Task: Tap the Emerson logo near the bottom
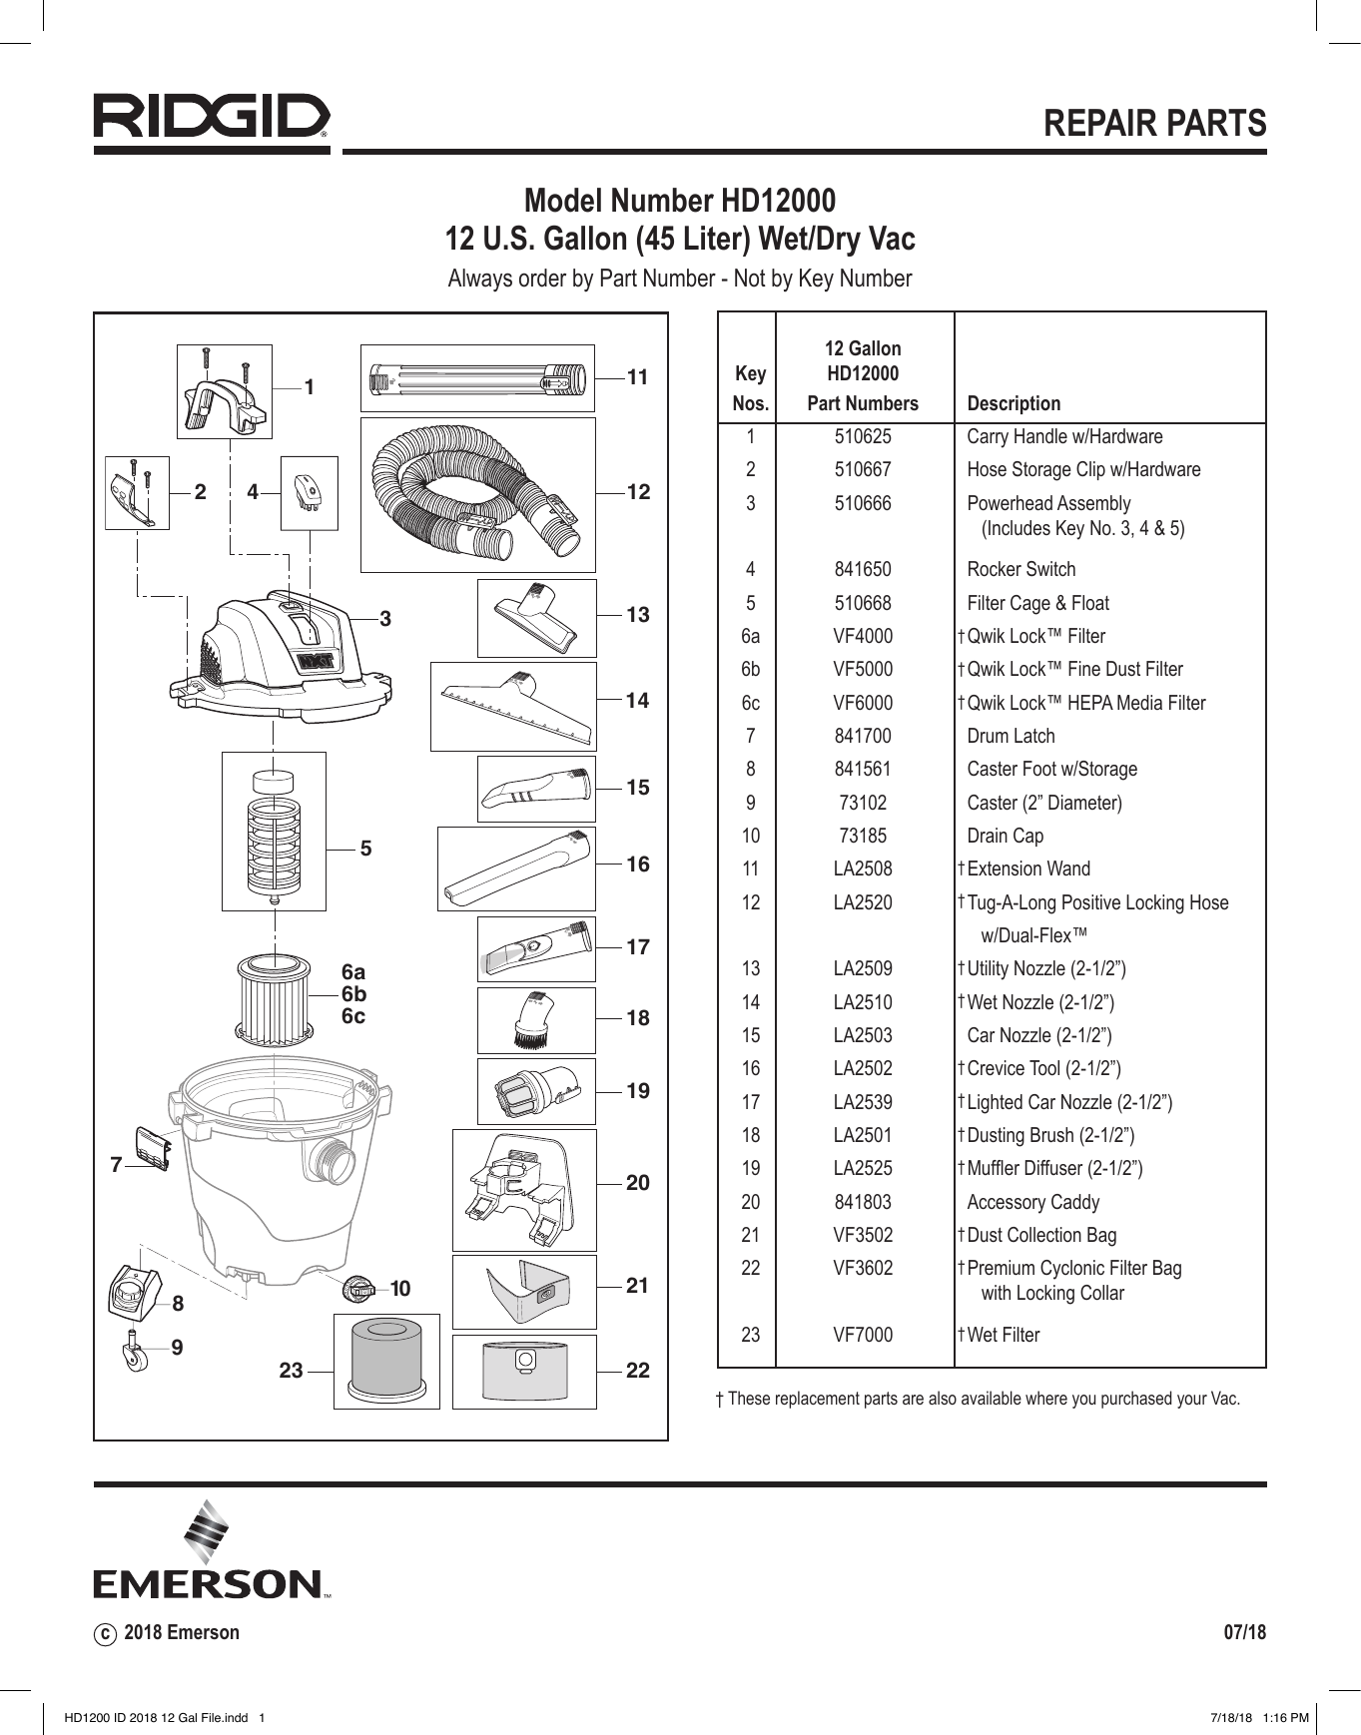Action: point(211,1549)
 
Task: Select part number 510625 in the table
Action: point(863,436)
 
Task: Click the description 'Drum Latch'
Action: point(1011,736)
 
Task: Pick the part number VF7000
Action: point(863,1335)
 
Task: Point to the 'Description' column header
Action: point(1014,404)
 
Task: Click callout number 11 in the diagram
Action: point(638,377)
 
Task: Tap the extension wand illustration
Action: point(477,379)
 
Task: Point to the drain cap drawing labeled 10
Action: point(357,1289)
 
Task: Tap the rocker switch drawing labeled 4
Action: point(309,492)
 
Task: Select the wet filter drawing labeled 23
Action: point(386,1360)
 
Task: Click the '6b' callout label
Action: point(353,994)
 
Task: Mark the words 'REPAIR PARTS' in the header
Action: point(1154,123)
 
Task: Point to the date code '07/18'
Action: point(1244,1632)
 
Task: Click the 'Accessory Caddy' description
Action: point(1032,1202)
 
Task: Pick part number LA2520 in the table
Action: point(863,902)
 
